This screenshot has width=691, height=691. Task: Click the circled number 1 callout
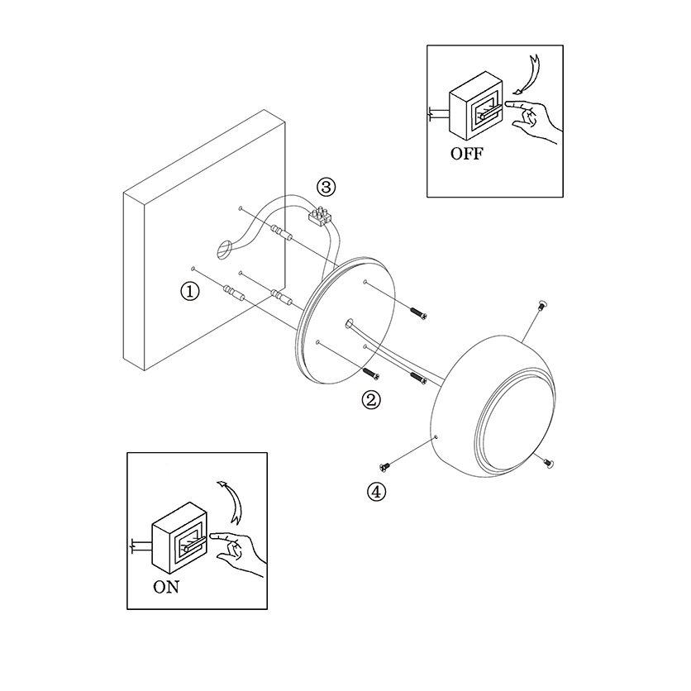point(190,291)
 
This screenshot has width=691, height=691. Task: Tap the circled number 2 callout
point(371,400)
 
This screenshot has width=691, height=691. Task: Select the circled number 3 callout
point(326,188)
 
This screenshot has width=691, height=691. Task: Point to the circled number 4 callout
point(376,492)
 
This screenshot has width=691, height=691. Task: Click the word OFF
point(467,154)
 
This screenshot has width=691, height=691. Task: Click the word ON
point(166,587)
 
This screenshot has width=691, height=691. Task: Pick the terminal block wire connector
point(320,216)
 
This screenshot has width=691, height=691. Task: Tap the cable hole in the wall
point(225,249)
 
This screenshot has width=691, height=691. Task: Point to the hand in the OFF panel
point(533,119)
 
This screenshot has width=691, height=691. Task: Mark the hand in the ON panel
point(238,554)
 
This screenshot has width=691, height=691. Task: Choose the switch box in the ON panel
point(179,537)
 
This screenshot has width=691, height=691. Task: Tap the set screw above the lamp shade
point(542,304)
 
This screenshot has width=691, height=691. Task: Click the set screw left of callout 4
point(384,467)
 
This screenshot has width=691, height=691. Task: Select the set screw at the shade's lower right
point(548,463)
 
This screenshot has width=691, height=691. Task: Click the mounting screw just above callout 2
point(371,374)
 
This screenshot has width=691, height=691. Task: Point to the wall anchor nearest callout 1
point(235,293)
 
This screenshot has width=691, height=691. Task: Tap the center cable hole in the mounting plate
point(350,324)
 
